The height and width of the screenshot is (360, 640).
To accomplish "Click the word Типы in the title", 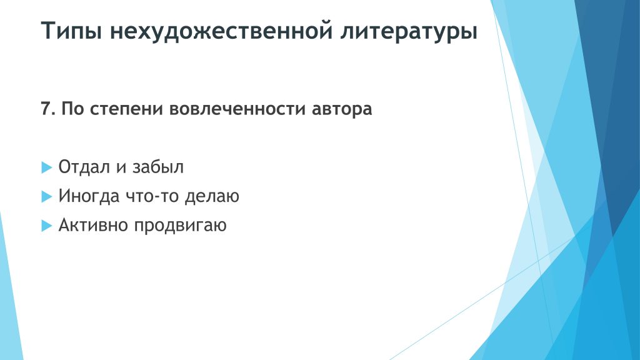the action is coord(71,31).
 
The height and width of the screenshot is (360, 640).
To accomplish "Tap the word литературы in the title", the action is coord(409,31).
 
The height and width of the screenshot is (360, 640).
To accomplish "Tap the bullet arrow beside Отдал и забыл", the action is coord(47,167).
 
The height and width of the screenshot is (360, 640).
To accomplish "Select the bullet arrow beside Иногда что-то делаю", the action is coord(47,197).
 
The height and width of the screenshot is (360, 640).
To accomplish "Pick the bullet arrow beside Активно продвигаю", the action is coord(47,226).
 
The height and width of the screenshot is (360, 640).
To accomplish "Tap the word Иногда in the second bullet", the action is coord(89,196).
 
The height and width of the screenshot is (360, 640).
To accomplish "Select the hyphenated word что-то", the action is coord(152,196).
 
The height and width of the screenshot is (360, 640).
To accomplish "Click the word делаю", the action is coord(212,196).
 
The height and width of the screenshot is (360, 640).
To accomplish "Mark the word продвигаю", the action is coord(180,226).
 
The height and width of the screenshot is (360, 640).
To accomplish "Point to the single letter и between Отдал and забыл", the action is coord(121,168).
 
